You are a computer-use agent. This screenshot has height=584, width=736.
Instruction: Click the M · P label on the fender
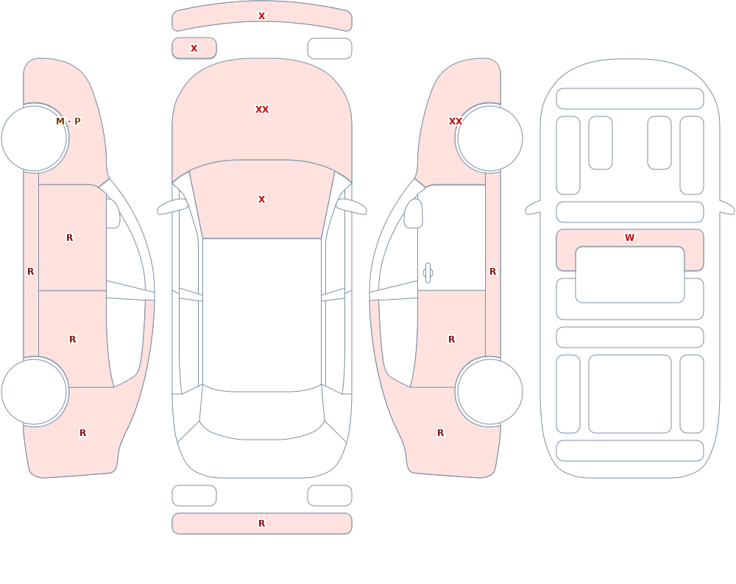pos(68,122)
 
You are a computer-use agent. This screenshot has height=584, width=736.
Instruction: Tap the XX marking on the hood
pos(262,110)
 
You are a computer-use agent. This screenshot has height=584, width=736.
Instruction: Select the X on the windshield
pos(262,200)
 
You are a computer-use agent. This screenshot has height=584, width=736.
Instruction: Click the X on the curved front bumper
pos(262,16)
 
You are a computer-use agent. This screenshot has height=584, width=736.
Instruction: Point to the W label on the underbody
pos(629,238)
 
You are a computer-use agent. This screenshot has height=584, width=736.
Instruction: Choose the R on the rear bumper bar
pos(262,524)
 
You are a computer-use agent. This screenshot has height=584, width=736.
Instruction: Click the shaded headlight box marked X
pos(194,48)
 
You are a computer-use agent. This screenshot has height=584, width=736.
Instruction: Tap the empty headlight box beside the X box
pos(330,49)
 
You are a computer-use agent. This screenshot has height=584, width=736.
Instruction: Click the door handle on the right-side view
pos(428,273)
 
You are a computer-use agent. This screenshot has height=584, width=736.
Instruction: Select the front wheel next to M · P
pos(35,138)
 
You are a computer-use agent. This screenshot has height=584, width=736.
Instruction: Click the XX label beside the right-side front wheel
pos(456,122)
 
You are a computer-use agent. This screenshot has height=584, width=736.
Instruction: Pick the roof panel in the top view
pos(262,314)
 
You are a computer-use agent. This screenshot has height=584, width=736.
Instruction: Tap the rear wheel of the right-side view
pos(489,391)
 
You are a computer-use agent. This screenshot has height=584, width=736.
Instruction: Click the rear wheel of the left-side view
pos(35,391)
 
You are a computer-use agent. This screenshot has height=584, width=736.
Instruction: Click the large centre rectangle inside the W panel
pos(630,275)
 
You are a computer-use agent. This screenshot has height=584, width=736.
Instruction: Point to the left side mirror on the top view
pos(172,207)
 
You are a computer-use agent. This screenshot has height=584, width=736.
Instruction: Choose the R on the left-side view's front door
pos(69,238)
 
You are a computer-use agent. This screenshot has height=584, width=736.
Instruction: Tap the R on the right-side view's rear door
pos(452,340)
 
